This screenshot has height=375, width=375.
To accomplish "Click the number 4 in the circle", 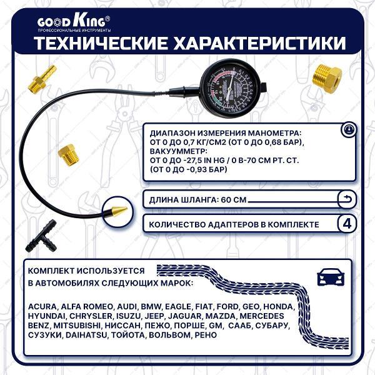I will click(347, 224).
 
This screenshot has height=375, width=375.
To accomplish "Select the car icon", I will click(330, 276).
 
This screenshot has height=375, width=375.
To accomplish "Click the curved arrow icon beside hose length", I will click(346, 200).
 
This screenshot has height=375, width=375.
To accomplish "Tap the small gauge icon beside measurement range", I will click(347, 129).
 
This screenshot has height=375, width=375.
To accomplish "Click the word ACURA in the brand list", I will click(42, 307).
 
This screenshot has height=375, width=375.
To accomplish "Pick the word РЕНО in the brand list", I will click(206, 335).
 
